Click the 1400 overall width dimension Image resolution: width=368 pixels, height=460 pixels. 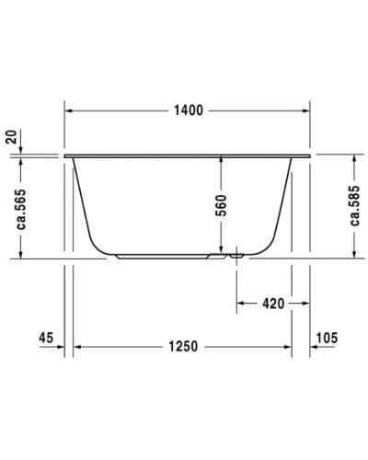[x=189, y=109]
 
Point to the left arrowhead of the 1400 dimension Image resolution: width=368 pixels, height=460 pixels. [x=69, y=109]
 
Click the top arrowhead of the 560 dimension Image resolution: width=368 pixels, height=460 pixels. [x=221, y=158]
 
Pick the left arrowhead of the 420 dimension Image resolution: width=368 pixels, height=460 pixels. [x=241, y=302]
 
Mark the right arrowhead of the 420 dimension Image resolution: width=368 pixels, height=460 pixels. [x=289, y=302]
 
